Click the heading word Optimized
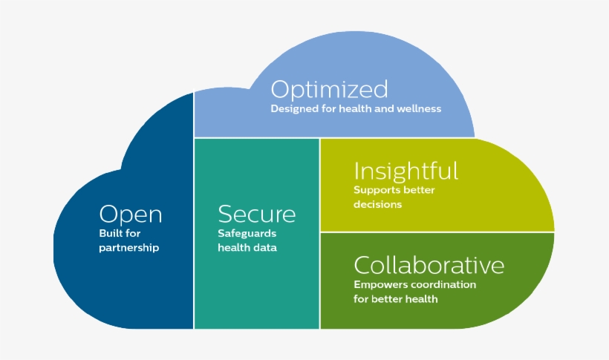329,90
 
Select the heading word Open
131,215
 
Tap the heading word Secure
256,215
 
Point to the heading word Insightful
406,171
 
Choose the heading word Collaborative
429,265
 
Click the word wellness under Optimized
419,109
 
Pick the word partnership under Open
129,248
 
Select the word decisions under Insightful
377,204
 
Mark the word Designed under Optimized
292,109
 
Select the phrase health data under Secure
247,248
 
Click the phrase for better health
395,299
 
